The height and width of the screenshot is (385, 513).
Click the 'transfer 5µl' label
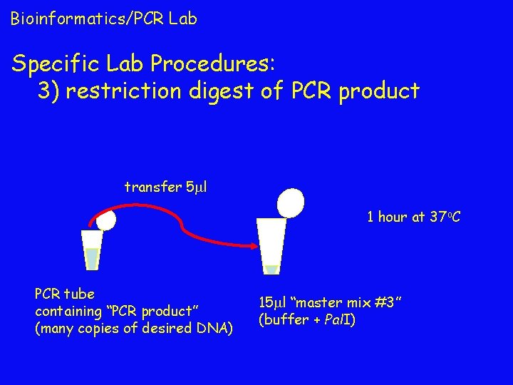click(x=165, y=188)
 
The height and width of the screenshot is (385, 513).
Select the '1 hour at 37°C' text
click(x=413, y=217)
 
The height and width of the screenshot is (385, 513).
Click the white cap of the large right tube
click(x=290, y=202)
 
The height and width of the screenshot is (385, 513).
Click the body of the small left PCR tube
click(x=91, y=250)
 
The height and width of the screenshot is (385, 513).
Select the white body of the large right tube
click(x=271, y=242)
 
